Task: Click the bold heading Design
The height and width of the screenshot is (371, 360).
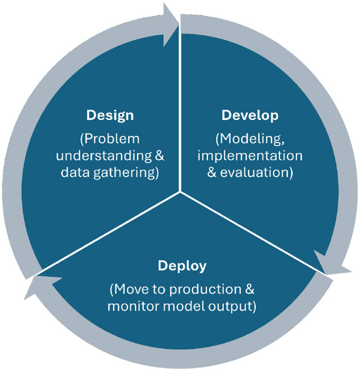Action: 110,115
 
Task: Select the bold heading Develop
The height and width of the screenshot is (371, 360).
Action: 250,115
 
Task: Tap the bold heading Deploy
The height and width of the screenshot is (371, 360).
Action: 182,266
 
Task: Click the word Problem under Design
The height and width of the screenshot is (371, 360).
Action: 114,139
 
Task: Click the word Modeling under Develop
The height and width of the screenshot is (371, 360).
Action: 253,139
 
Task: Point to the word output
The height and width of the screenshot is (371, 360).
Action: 231,307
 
